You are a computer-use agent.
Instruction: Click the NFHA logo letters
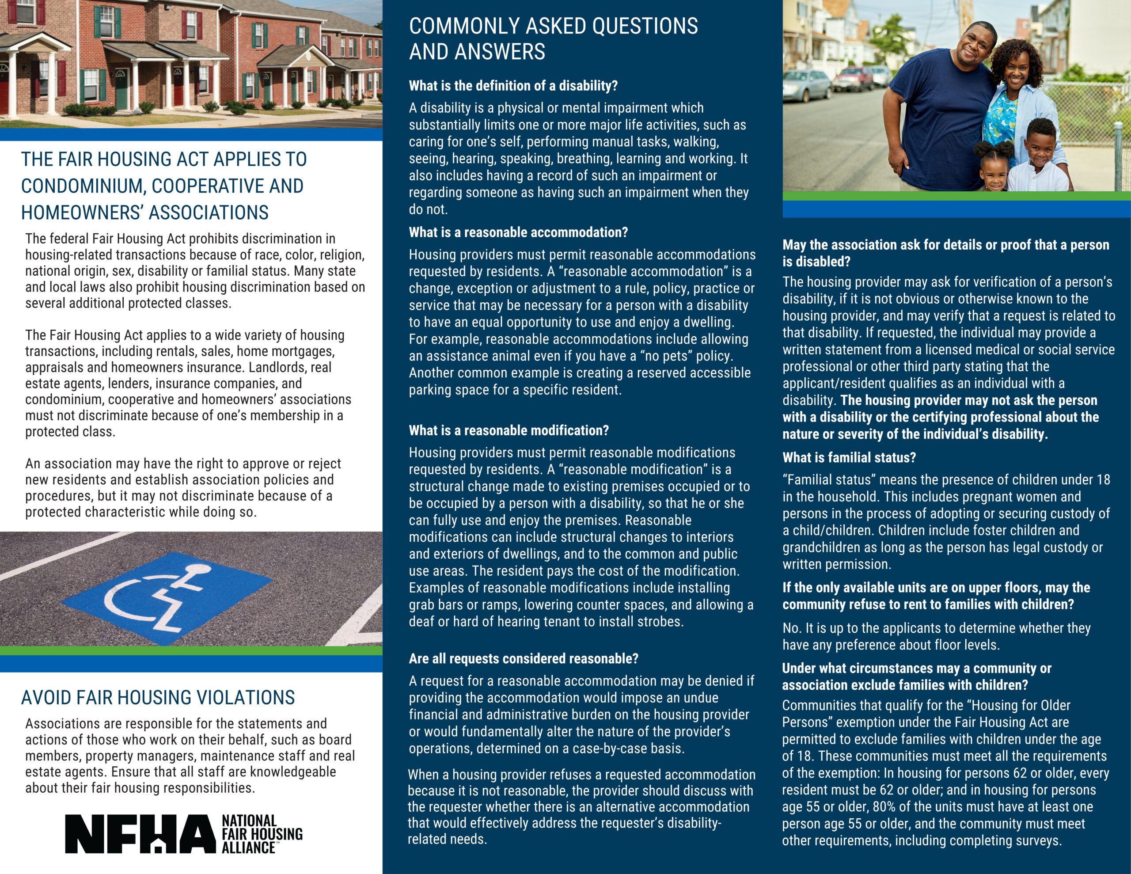tap(140, 834)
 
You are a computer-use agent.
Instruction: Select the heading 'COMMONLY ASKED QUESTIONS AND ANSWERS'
tap(553, 39)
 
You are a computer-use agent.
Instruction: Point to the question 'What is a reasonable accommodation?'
tap(518, 232)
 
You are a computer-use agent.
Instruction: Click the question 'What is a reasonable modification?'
tap(509, 430)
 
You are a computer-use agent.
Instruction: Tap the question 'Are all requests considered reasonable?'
tap(523, 658)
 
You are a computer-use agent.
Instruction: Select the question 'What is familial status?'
tap(849, 457)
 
